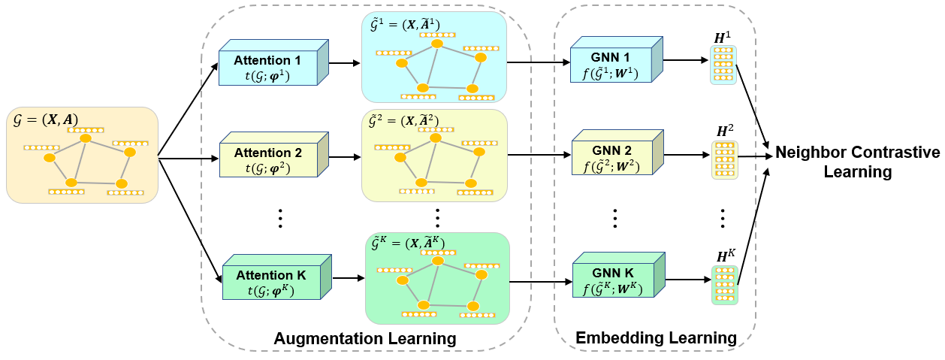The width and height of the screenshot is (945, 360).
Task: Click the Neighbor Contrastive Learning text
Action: click(x=856, y=162)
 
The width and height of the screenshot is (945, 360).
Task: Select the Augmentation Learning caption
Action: click(x=364, y=338)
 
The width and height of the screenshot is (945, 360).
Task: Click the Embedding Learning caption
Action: click(x=656, y=338)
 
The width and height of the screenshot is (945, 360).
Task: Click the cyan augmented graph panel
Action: click(x=434, y=57)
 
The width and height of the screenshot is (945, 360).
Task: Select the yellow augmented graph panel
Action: click(x=434, y=156)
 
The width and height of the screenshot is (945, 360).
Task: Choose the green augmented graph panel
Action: click(x=437, y=278)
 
